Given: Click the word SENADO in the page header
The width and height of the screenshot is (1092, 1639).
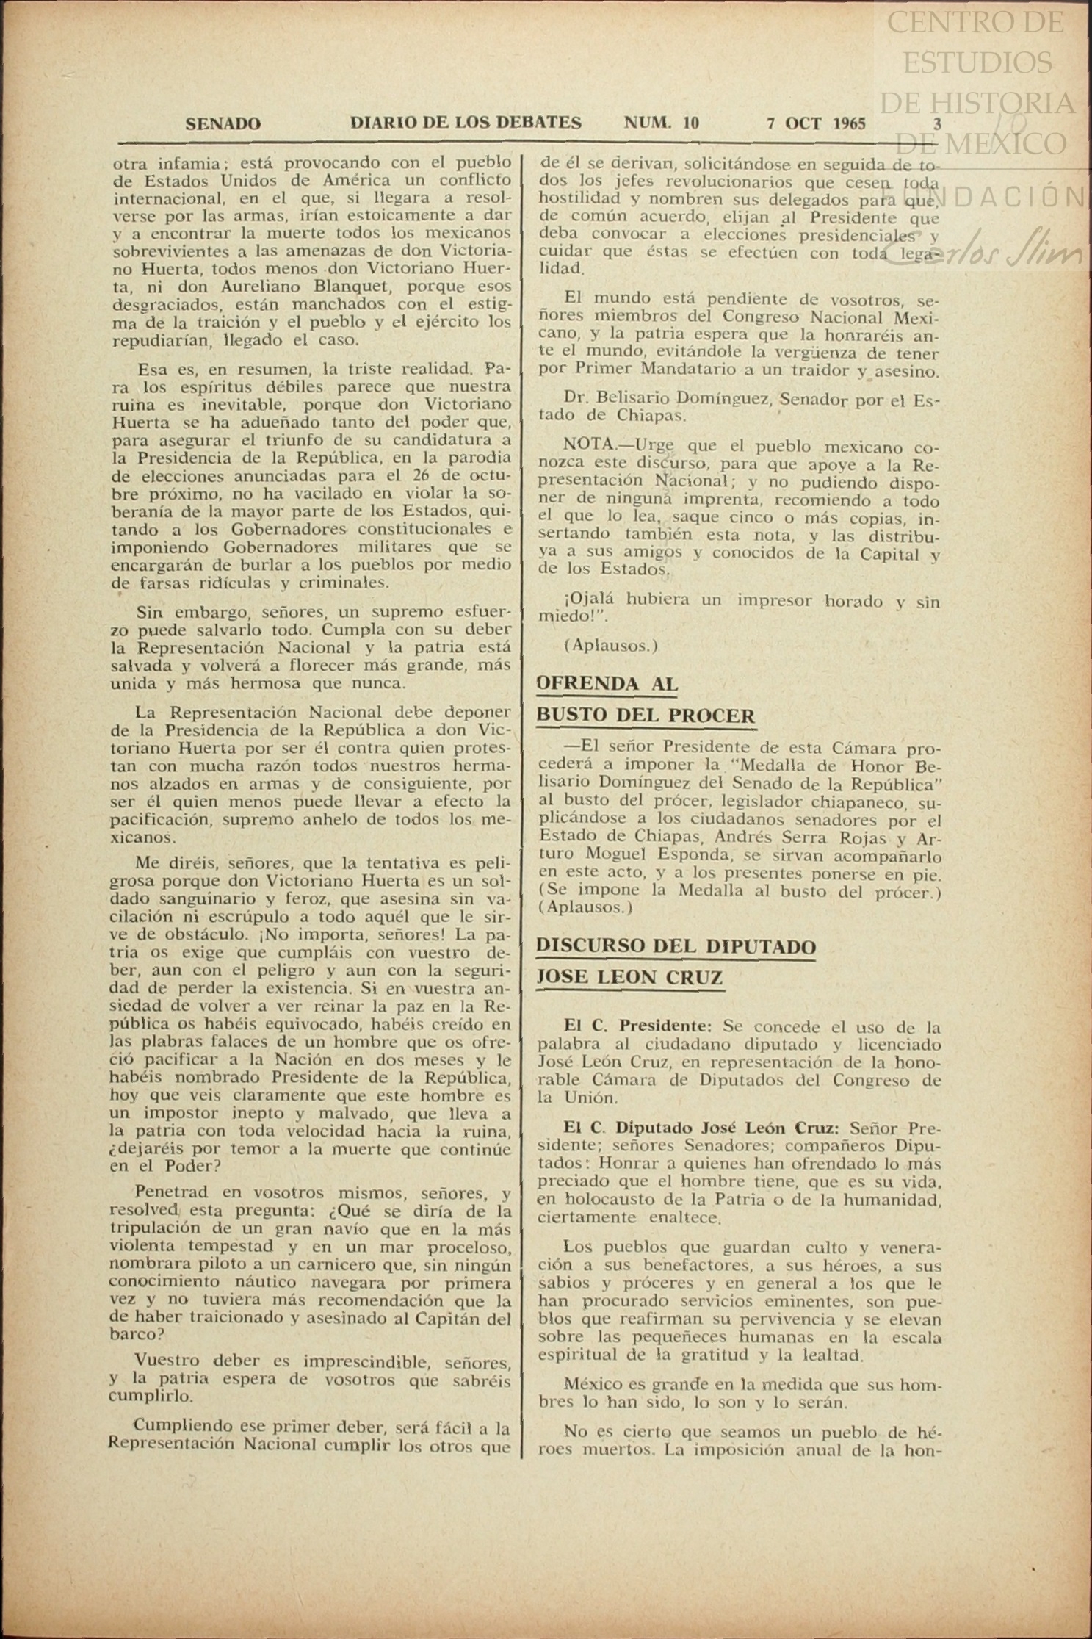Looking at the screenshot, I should (223, 124).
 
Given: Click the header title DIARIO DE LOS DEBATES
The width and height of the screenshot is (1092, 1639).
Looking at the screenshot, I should (466, 123).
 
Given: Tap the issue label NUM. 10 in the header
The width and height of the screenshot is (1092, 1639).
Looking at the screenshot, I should (661, 123).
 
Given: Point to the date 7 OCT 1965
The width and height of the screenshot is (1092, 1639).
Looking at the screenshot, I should (815, 123).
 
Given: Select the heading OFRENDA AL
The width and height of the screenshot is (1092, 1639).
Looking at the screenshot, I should (607, 684).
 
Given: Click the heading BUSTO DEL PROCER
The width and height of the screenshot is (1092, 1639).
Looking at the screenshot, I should (646, 716).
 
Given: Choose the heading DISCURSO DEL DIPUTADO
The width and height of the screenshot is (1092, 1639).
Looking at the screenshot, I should (676, 945).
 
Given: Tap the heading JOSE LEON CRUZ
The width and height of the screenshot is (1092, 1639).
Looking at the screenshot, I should (630, 978).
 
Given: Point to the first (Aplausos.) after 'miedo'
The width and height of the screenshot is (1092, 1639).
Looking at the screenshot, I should (611, 646).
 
